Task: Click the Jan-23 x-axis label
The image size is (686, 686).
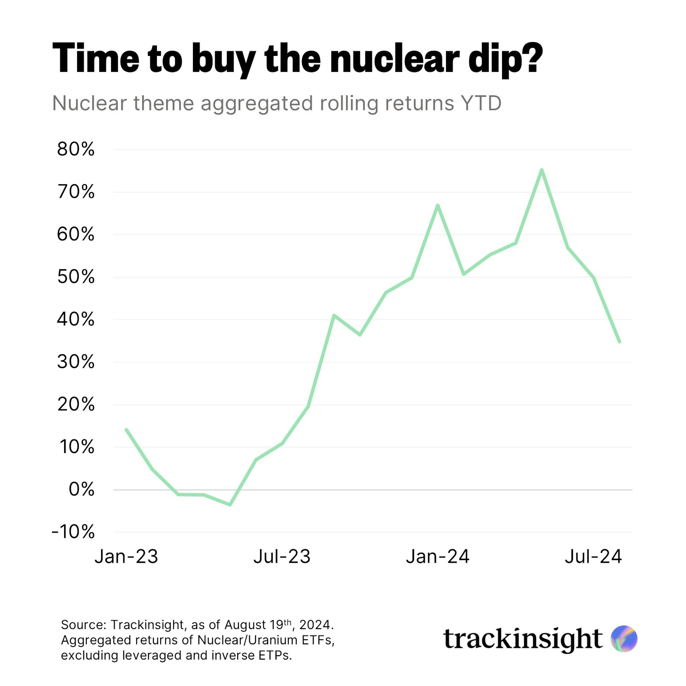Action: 126,556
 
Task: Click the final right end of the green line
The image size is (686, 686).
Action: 619,342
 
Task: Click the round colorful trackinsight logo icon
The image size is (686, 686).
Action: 624,639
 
